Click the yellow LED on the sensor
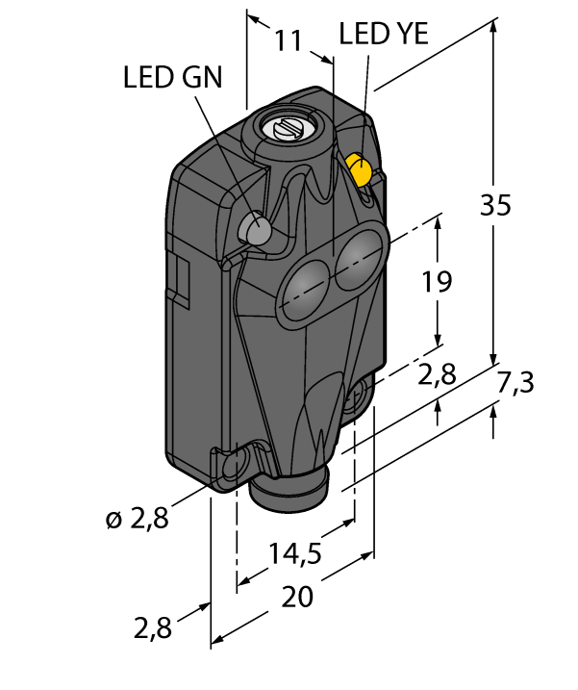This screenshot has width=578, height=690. (361, 169)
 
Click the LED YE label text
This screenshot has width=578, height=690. (384, 35)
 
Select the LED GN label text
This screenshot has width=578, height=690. (173, 77)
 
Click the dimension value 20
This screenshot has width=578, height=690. (297, 596)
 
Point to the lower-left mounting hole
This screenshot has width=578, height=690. (234, 466)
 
